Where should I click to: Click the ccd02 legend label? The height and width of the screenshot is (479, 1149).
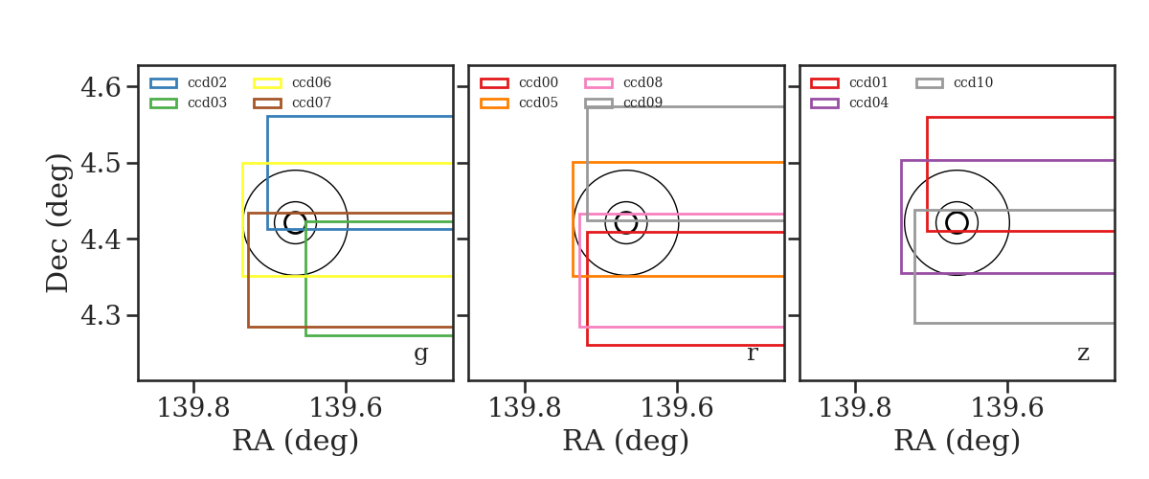click(207, 82)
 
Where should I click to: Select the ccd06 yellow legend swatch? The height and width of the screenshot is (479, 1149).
click(267, 83)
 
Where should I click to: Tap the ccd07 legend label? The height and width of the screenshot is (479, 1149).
click(311, 103)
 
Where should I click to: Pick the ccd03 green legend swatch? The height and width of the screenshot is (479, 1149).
click(164, 103)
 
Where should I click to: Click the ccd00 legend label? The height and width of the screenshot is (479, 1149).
click(538, 82)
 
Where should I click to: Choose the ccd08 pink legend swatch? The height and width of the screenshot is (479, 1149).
click(598, 83)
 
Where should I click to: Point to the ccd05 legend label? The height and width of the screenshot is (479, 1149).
click(538, 103)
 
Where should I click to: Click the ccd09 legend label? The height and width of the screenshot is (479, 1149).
click(642, 103)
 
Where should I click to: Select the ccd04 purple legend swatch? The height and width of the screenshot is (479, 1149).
click(824, 103)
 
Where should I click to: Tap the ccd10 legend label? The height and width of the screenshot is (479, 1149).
click(973, 82)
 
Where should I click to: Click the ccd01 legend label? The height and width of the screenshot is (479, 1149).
click(869, 82)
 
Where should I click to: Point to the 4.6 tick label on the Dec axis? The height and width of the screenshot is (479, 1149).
click(101, 87)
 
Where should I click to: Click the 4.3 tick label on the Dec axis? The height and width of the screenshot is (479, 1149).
click(101, 315)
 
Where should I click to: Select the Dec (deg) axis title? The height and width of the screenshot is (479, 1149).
click(56, 223)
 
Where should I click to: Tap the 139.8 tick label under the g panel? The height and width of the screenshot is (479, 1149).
click(193, 408)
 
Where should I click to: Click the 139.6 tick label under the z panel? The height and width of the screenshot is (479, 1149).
click(1007, 408)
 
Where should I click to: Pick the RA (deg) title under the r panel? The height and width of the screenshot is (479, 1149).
click(626, 442)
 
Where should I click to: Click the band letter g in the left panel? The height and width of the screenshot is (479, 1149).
click(420, 354)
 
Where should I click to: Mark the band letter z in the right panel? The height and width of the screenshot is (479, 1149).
click(1083, 354)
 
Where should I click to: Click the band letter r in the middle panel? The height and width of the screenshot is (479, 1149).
click(752, 354)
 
